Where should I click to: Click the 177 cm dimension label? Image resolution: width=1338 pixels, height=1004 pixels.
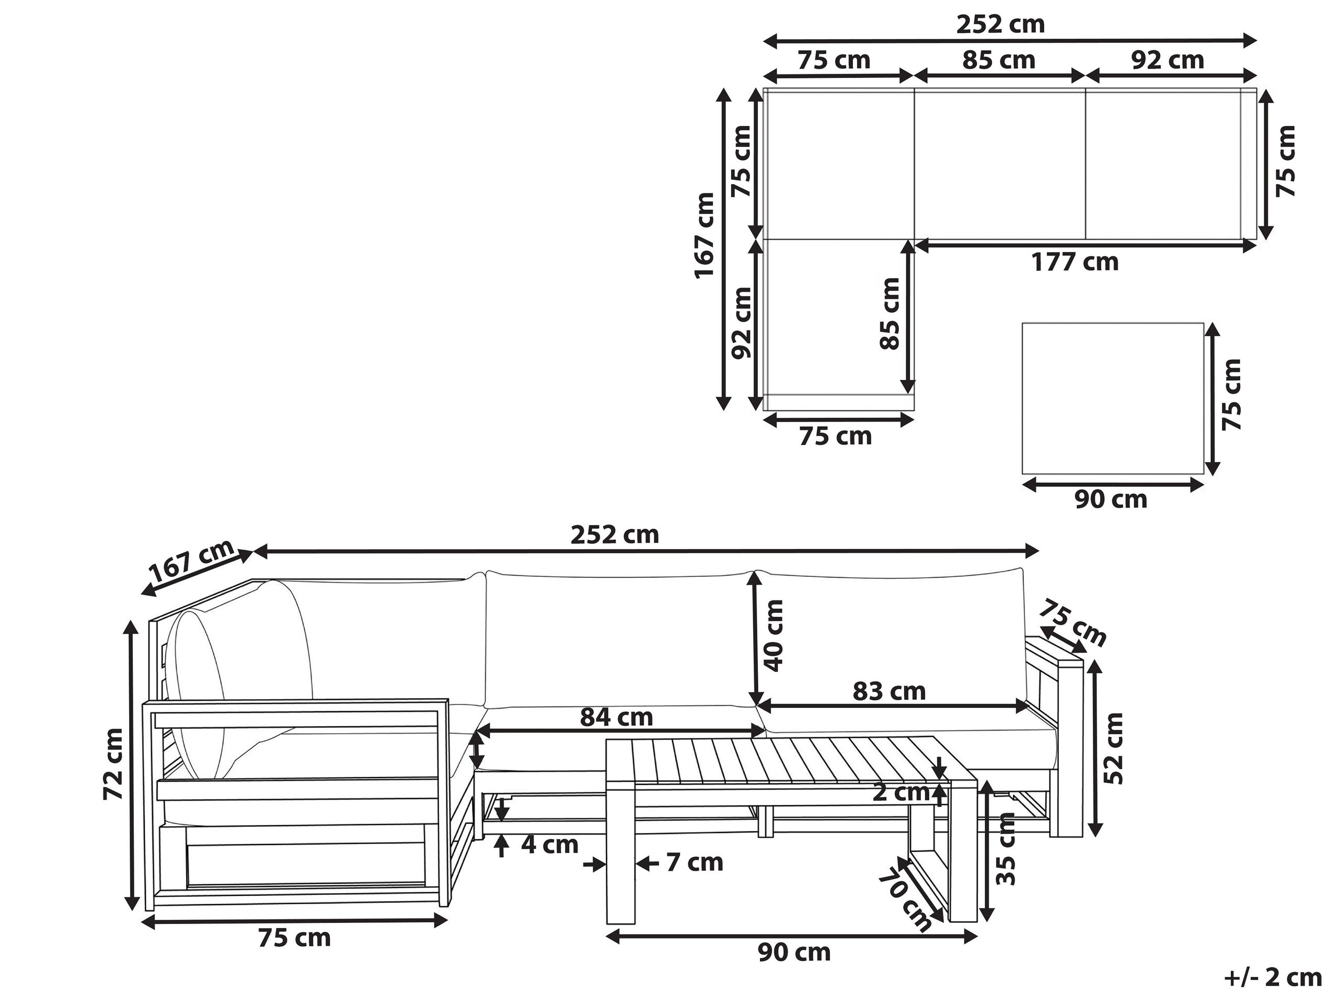coord(1074,262)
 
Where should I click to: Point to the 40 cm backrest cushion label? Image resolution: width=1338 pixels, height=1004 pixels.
coord(774,636)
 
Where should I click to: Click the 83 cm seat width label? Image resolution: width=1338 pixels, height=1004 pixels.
coord(889,691)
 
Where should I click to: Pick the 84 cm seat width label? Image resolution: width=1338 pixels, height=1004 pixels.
coord(616,718)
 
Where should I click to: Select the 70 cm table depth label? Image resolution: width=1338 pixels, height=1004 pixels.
coord(906,900)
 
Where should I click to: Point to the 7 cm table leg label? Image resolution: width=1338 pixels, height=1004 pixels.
coord(695,862)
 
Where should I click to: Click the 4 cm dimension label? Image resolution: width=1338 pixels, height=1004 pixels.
coord(550,845)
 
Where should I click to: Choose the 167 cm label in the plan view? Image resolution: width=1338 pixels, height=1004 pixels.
coord(705,235)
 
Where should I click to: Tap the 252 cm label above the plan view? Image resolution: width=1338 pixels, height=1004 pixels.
coord(1000,25)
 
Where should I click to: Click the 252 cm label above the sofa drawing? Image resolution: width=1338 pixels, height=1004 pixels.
coord(615,535)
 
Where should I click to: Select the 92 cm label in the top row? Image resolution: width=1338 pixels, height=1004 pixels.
coord(1168,61)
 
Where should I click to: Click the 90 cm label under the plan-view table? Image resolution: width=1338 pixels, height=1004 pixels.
coord(1111,499)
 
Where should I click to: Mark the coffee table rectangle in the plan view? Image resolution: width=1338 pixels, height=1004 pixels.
coord(1112,398)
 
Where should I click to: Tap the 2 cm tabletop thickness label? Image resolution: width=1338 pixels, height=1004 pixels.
coord(901,792)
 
